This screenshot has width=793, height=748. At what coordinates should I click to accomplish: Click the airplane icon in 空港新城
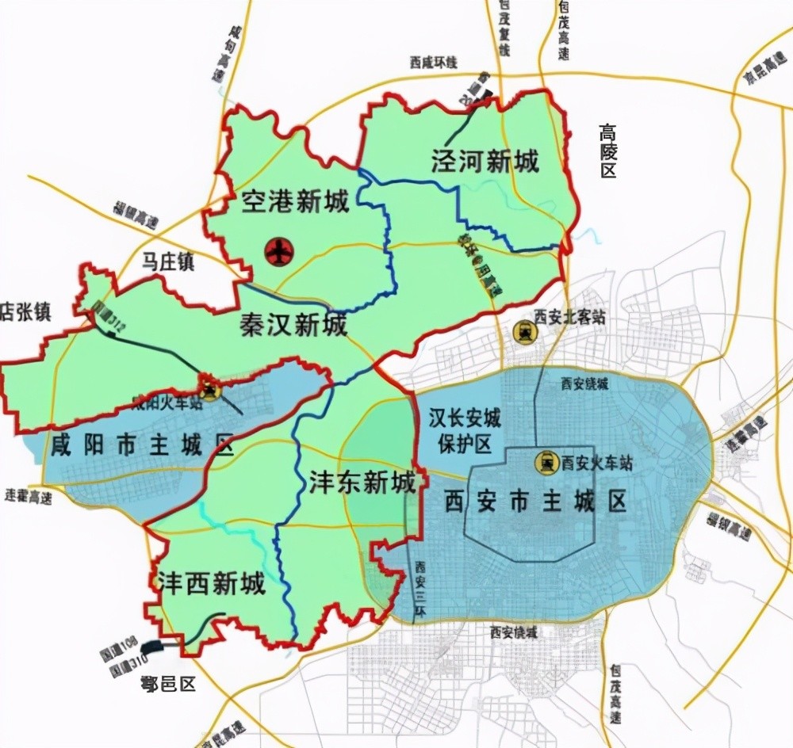tap(279, 253)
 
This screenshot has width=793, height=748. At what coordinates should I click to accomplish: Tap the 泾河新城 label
tap(485, 162)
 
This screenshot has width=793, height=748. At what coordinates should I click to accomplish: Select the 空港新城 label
tap(295, 204)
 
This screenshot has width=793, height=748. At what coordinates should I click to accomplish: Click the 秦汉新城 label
tap(293, 324)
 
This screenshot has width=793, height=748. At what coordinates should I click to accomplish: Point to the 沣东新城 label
tap(362, 483)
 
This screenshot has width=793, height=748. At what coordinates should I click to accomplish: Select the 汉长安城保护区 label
tap(460, 431)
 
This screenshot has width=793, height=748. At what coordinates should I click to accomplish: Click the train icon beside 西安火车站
tap(546, 460)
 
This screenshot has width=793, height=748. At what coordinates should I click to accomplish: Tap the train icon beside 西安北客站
tap(523, 331)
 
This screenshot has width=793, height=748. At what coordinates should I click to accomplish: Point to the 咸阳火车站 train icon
tap(209, 388)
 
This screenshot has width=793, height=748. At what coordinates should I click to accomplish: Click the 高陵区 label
tap(607, 150)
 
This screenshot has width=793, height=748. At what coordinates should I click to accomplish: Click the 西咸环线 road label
tap(434, 63)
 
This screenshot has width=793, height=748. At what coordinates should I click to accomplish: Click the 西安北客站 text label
tap(569, 317)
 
